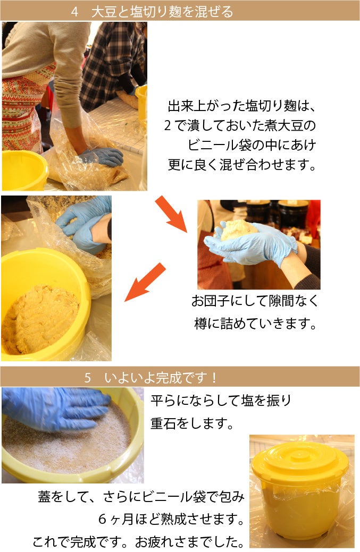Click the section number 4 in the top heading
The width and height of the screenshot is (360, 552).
74,12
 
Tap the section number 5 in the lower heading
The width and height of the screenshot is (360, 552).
88,378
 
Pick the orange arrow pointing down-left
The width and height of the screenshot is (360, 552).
145,282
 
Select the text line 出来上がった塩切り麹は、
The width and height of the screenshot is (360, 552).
241,106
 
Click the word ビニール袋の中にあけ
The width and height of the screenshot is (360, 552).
252,145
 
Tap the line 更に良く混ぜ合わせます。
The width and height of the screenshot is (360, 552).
242,164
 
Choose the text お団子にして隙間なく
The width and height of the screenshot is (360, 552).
255,301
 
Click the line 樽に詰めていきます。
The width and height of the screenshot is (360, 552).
255,324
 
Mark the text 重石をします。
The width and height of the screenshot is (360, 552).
192,423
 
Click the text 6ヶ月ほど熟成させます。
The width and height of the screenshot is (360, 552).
171,519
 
